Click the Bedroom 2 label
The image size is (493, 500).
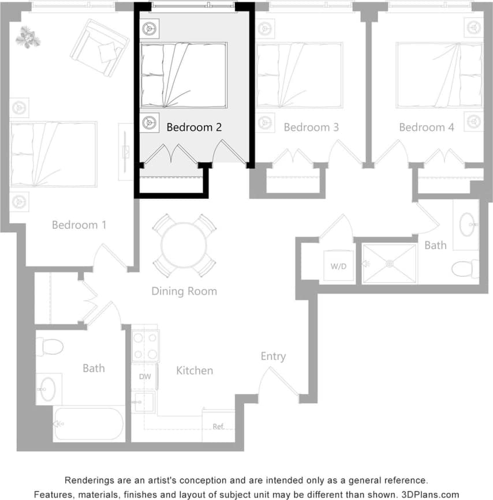pyautogui.click(x=194, y=127)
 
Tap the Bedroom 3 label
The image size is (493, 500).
pyautogui.click(x=311, y=127)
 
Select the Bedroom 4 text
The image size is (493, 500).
pyautogui.click(x=426, y=127)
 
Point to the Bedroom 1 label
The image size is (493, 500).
pyautogui.click(x=79, y=225)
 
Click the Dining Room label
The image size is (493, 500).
pyautogui.click(x=184, y=291)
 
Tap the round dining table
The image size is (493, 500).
pyautogui.click(x=184, y=245)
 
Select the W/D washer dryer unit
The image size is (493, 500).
pyautogui.click(x=339, y=266)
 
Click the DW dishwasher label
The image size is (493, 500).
pyautogui.click(x=144, y=377)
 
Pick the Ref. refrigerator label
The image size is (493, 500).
pyautogui.click(x=218, y=427)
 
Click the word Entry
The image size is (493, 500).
pyautogui.click(x=273, y=356)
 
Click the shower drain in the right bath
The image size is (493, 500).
pyautogui.click(x=390, y=264)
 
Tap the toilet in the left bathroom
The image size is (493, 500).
pyautogui.click(x=51, y=347)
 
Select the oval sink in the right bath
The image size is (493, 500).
pyautogui.click(x=468, y=224)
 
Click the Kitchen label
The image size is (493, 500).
pyautogui.click(x=195, y=370)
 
